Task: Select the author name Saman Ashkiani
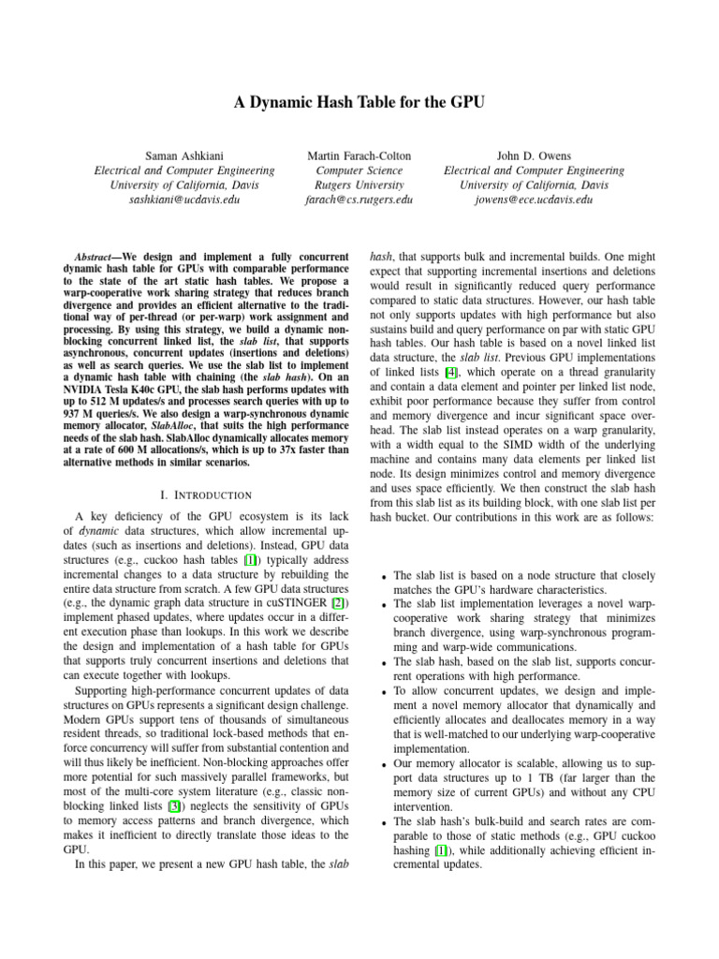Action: coord(184,154)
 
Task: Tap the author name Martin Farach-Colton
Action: coord(359,154)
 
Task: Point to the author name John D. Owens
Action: coord(534,154)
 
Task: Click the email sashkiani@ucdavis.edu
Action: coord(184,200)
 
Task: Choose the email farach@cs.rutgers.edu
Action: coord(359,200)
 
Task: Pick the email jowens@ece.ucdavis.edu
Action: coord(534,200)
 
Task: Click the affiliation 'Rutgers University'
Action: coord(359,185)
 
